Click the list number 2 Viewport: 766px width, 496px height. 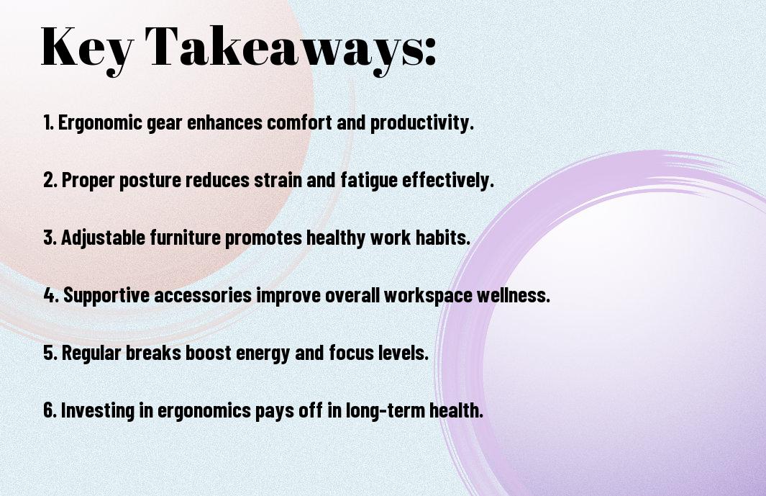[50, 180]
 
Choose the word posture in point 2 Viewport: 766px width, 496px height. [150, 181]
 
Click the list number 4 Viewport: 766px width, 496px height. [51, 295]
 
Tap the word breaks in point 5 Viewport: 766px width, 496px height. [153, 352]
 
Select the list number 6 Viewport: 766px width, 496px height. [50, 410]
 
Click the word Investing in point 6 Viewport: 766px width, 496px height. [97, 410]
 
